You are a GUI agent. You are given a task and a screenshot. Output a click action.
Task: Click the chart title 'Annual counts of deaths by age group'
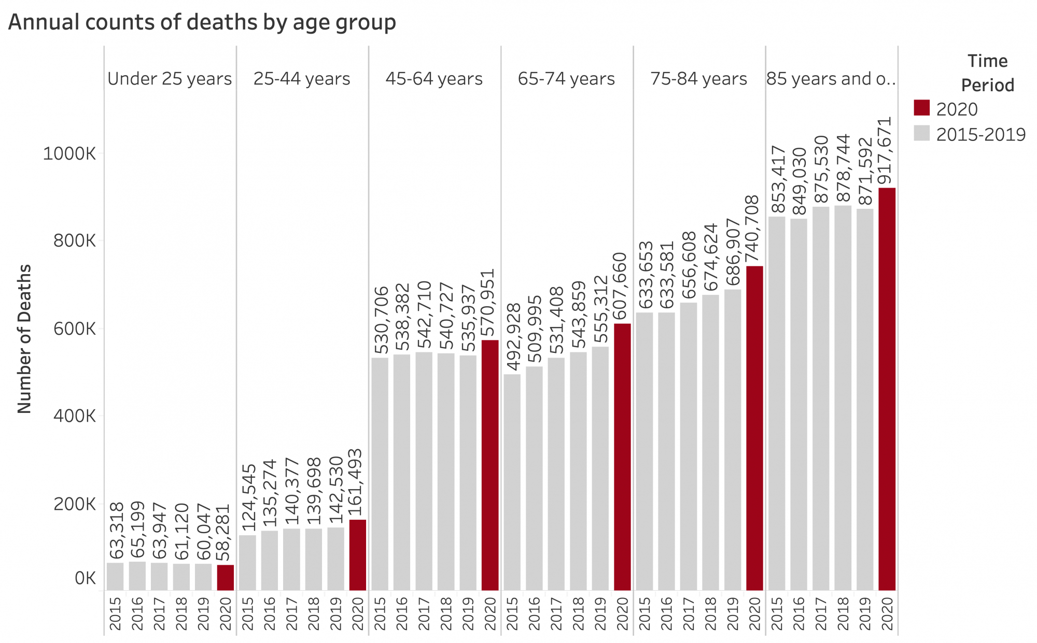click(x=202, y=23)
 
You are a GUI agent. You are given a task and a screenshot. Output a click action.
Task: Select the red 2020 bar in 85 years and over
click(x=887, y=389)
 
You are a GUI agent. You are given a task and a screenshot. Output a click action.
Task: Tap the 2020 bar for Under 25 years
click(x=225, y=577)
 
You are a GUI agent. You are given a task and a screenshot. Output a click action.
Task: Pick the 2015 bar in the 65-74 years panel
click(x=512, y=482)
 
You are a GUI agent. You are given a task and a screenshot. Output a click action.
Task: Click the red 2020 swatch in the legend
click(x=921, y=108)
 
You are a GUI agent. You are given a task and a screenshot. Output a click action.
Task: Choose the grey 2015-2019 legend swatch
click(x=921, y=133)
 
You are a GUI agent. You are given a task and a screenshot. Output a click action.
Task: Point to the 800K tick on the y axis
click(x=75, y=241)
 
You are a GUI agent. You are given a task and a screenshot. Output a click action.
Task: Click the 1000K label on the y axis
click(x=69, y=153)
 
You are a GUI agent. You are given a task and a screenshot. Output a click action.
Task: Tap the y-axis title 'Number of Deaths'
click(x=24, y=339)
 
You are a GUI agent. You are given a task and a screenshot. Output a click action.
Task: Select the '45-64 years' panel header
click(x=434, y=79)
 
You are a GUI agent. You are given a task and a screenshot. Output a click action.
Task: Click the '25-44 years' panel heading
click(x=302, y=79)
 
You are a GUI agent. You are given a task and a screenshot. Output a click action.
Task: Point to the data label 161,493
click(x=357, y=483)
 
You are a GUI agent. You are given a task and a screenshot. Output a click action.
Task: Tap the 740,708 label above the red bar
click(x=754, y=230)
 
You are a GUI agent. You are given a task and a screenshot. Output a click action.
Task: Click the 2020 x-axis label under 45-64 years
click(x=490, y=613)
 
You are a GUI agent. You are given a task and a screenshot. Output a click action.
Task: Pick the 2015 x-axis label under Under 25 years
click(x=115, y=613)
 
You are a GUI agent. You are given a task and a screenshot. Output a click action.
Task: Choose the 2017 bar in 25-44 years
click(x=291, y=559)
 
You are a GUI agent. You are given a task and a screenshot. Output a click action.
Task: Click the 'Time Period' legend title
click(x=987, y=73)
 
